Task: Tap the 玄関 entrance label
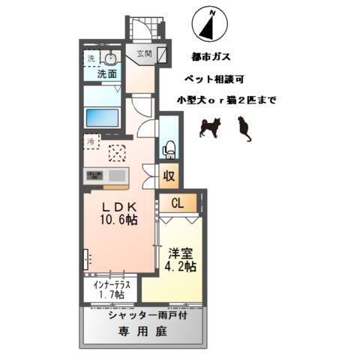click(144, 53)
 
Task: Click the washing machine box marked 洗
click(91, 59)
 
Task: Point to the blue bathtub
click(103, 118)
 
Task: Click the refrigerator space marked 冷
click(91, 140)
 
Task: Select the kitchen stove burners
click(96, 175)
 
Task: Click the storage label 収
click(170, 177)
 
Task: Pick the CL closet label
click(178, 202)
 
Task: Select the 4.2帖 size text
click(180, 267)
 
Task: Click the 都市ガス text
click(211, 56)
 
